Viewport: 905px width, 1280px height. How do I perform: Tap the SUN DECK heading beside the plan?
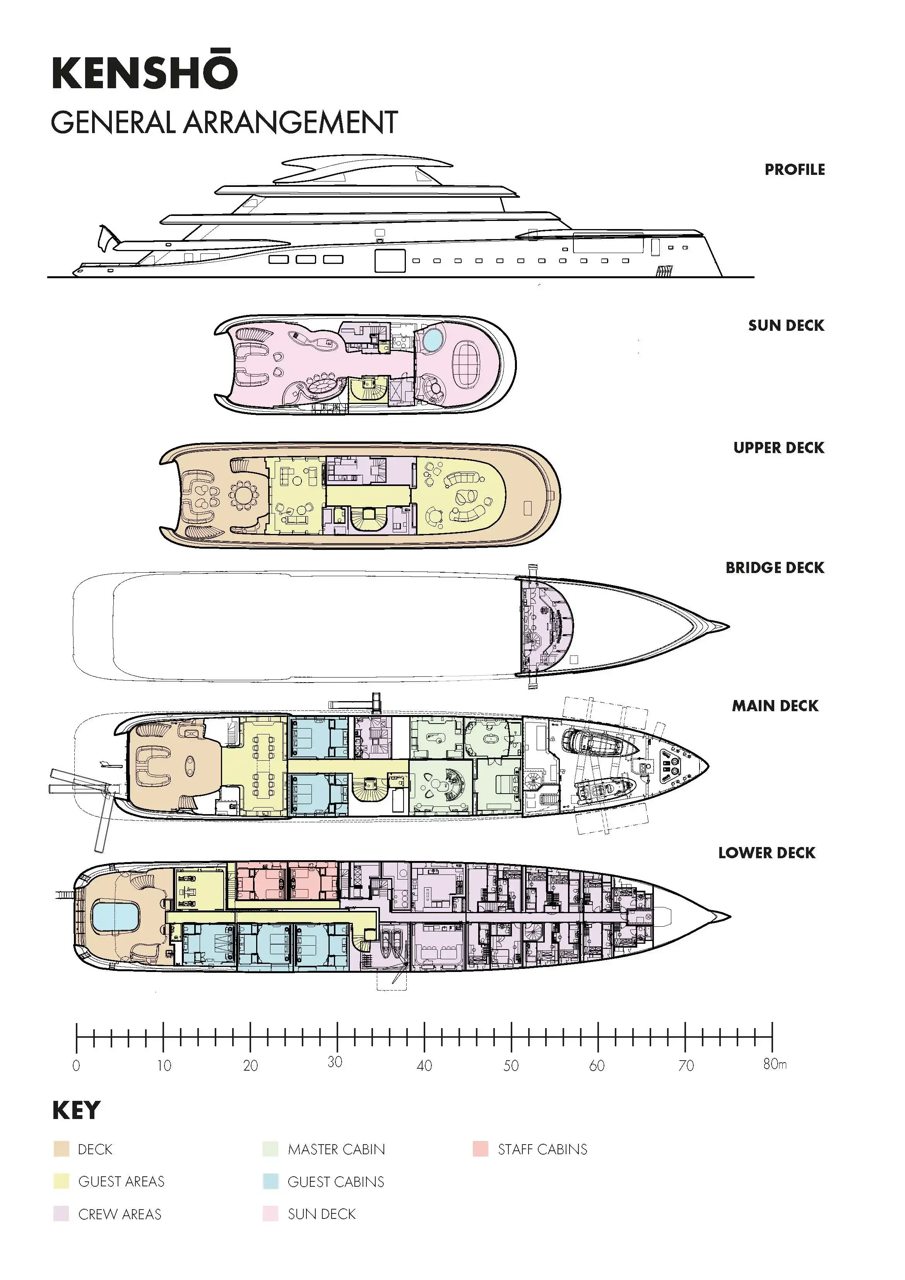(x=786, y=325)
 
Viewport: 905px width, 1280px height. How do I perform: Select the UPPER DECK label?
(x=778, y=448)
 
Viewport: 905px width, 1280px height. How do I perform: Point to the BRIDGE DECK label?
(x=775, y=568)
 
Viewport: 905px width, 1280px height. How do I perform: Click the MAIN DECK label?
(x=775, y=706)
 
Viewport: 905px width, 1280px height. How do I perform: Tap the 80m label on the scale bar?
(x=775, y=1064)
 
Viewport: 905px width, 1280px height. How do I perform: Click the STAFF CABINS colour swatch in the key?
(x=480, y=1149)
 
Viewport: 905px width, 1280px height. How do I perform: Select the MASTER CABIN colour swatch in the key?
(x=270, y=1149)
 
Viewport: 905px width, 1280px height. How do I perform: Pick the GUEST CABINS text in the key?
(x=336, y=1181)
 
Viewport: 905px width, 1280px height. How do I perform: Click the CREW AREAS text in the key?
(x=120, y=1214)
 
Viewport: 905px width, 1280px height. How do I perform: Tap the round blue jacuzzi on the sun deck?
(x=431, y=339)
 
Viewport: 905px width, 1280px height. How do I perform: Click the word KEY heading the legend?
(x=76, y=1110)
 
